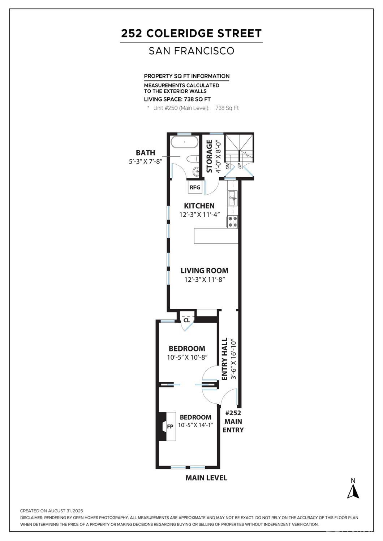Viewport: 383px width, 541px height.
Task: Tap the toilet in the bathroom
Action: [x=193, y=159]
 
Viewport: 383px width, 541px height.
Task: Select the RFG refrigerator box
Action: [x=195, y=187]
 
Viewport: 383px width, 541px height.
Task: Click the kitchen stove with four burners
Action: [x=232, y=221]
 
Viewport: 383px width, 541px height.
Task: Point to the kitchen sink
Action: [x=232, y=198]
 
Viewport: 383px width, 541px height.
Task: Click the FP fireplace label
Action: [x=170, y=426]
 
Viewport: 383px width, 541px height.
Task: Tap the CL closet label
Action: [x=187, y=320]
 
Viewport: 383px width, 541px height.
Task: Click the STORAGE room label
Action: [x=209, y=156]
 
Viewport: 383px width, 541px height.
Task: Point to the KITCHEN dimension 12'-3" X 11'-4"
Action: [x=199, y=214]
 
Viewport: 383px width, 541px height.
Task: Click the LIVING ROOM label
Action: [x=205, y=270]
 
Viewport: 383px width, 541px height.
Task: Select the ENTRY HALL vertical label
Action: [x=225, y=359]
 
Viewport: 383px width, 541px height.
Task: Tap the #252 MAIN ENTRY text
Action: [x=233, y=421]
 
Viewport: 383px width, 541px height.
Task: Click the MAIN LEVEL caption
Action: [x=206, y=478]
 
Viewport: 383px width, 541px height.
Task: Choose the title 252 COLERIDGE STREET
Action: [x=191, y=33]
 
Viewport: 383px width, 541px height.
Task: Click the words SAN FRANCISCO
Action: [x=191, y=51]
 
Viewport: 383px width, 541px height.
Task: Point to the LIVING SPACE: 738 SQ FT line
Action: [x=177, y=99]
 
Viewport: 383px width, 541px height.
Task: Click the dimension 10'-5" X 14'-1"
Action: [x=195, y=425]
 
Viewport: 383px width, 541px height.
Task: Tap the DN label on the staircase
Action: [x=228, y=166]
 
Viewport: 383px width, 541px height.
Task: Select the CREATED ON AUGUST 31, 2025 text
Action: [x=52, y=511]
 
